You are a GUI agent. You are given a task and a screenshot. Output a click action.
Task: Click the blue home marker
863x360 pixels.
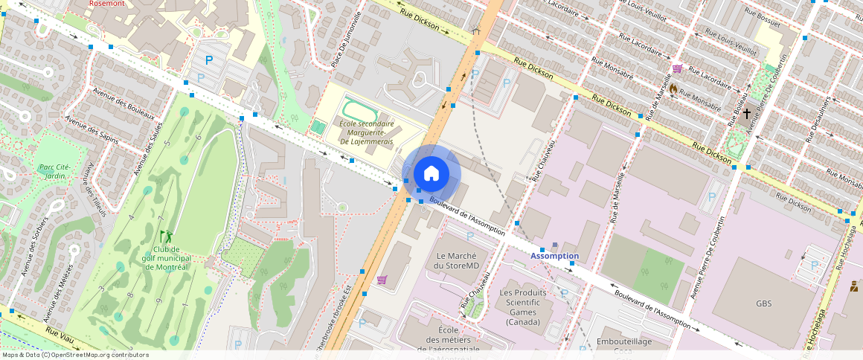coord(431,174)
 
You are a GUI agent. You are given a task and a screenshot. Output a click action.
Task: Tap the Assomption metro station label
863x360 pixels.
coord(554,256)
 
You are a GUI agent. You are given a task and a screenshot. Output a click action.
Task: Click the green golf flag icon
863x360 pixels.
coord(164,236)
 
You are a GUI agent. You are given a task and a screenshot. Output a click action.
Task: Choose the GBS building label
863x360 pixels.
coord(764,303)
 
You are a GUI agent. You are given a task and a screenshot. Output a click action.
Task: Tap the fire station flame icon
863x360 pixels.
coord(673,88)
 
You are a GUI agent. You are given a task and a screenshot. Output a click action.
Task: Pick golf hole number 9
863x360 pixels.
coord(158,300)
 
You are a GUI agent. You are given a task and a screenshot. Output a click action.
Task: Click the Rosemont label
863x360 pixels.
coord(106,3)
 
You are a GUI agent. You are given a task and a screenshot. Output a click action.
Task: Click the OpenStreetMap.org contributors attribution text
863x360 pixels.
coord(97,355)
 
